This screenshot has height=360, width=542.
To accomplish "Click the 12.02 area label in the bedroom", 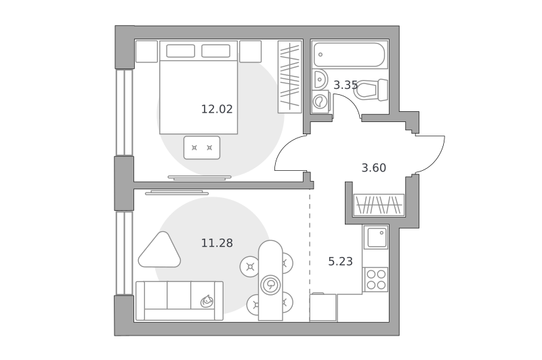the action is [x=217, y=109].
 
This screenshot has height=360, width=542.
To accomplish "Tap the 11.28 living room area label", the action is [x=217, y=243].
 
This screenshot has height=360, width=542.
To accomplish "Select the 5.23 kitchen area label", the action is [x=340, y=262].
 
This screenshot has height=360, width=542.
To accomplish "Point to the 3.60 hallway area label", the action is [x=374, y=168].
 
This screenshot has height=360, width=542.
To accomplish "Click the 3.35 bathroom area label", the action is [x=346, y=85].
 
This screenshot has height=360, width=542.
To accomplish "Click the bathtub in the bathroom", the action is [x=350, y=54].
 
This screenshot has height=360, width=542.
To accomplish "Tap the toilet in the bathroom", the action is [x=371, y=90].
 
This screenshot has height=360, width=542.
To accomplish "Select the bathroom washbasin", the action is [x=319, y=79].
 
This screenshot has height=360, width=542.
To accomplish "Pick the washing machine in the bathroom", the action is [x=320, y=102].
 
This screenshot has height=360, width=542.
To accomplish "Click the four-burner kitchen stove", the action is [x=376, y=279].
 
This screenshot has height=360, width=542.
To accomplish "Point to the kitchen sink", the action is [x=376, y=237].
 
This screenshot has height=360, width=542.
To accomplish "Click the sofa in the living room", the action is [x=180, y=300].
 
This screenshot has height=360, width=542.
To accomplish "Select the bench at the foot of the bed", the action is [x=202, y=148].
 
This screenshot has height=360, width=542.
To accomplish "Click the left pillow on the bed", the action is [x=180, y=51].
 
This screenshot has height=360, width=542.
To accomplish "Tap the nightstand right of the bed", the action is [x=250, y=52].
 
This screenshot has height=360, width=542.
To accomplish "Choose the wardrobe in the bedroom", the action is [x=290, y=77].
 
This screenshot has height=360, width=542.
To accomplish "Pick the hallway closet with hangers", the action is [x=379, y=205].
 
